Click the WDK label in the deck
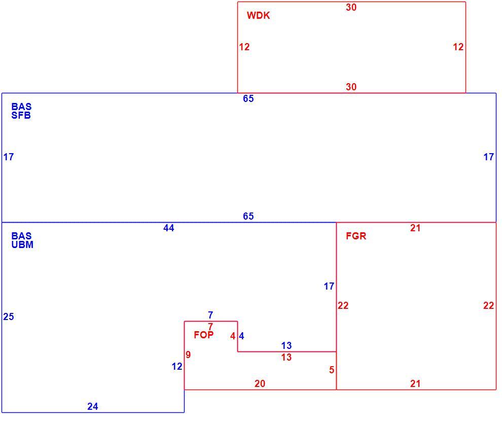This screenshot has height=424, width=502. [x=259, y=15]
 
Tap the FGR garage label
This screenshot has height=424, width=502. [x=356, y=236]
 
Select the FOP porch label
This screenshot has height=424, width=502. [x=204, y=335]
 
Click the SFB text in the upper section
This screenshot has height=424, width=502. [x=21, y=115]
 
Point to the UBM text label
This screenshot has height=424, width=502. [x=22, y=244]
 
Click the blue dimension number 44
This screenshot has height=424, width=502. [x=169, y=228]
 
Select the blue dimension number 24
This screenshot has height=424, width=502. [x=92, y=406]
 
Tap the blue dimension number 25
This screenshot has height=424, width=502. [x=9, y=316]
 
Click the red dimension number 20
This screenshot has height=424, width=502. [x=260, y=383]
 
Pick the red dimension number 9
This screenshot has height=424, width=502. [x=188, y=355]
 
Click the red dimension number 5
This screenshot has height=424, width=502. [x=332, y=370]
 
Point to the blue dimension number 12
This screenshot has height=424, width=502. [x=177, y=366]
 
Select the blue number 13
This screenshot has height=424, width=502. [x=286, y=345]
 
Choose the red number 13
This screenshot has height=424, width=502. [x=286, y=357]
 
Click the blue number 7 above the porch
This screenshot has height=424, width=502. [x=210, y=315]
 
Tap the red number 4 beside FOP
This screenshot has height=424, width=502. [x=233, y=336]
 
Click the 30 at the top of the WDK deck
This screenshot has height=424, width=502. [x=351, y=8]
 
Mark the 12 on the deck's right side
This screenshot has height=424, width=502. [x=458, y=47]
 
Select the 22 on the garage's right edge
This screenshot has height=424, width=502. [x=488, y=305]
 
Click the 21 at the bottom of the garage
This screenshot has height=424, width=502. [x=415, y=383]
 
